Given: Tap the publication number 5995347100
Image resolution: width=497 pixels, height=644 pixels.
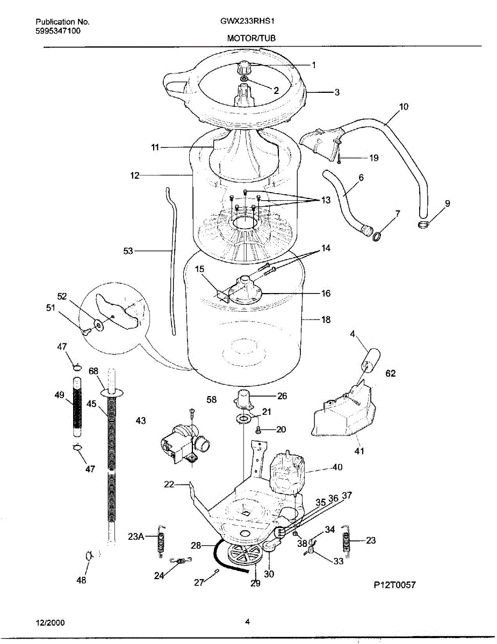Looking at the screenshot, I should (x=58, y=31).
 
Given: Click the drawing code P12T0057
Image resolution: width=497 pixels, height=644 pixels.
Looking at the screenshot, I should (x=394, y=585).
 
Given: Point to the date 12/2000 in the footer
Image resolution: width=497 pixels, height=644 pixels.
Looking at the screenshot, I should (x=50, y=622).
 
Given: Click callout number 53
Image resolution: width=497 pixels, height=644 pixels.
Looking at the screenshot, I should (x=128, y=251).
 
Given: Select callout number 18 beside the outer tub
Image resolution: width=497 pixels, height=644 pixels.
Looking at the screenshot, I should (x=326, y=320).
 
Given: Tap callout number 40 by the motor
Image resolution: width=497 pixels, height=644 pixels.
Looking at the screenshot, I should (x=336, y=467).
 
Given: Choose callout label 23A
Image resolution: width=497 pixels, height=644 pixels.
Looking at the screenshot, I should (x=136, y=536).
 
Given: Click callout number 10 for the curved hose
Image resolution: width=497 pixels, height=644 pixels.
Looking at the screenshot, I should (x=403, y=107).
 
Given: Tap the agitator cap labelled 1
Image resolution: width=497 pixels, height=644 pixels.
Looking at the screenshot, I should (x=245, y=69).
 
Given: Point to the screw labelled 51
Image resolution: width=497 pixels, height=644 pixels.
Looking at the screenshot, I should (x=85, y=332).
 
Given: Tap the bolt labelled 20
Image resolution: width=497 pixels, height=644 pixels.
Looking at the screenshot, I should (x=258, y=429).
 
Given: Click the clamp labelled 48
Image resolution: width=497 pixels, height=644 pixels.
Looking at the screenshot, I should (x=89, y=555).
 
